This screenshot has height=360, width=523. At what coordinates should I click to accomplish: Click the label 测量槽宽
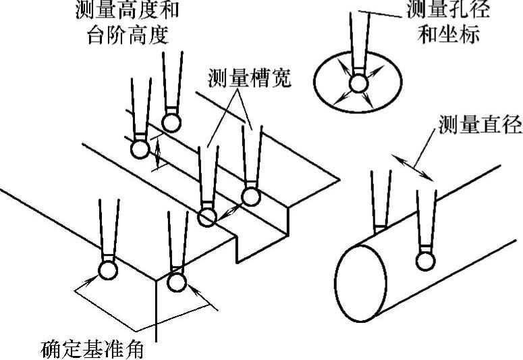click(250, 79)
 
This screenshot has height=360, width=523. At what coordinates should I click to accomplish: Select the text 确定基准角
click(92, 351)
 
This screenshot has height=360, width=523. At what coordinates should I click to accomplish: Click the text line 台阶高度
click(127, 35)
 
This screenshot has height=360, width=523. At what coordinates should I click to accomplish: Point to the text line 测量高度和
click(128, 10)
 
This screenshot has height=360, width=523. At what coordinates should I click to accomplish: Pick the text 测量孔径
click(449, 10)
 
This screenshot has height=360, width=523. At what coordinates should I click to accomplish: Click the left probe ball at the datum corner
click(107, 270)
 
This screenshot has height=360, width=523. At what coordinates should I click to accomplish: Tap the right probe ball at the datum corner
click(176, 280)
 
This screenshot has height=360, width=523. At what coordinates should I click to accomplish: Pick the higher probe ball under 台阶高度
click(172, 122)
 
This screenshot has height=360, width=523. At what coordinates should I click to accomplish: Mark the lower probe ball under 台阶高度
click(140, 148)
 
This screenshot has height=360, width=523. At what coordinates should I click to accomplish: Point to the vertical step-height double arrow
click(157, 153)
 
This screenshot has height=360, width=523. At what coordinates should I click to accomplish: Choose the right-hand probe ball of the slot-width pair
click(250, 197)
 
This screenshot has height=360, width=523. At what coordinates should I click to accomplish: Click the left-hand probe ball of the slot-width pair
click(207, 217)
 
